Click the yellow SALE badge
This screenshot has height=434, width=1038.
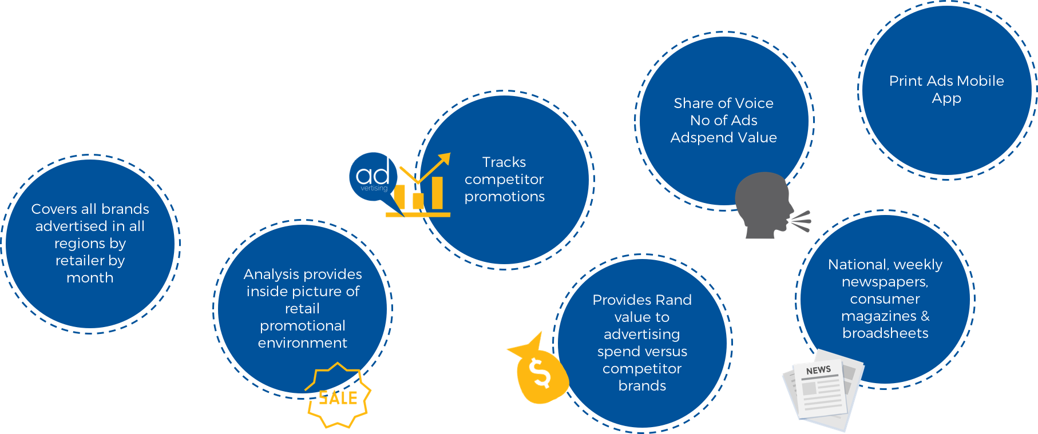point(339,396)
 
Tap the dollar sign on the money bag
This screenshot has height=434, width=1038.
point(539,373)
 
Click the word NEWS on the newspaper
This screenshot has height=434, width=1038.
point(818,371)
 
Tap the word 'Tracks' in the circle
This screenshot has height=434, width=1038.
point(504,162)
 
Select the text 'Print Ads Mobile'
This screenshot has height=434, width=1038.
point(946,81)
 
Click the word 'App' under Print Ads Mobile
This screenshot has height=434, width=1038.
point(946,99)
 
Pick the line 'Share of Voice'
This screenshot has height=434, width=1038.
point(723,103)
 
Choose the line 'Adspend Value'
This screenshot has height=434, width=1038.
point(723,138)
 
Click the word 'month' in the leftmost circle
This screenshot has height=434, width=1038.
point(90,278)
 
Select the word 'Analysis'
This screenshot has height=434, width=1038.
point(270,274)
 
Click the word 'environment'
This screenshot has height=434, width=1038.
point(302,343)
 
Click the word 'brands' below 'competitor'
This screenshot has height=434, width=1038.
point(642,386)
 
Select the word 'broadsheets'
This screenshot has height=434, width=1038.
point(885,333)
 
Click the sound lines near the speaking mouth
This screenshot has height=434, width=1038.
point(801,221)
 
